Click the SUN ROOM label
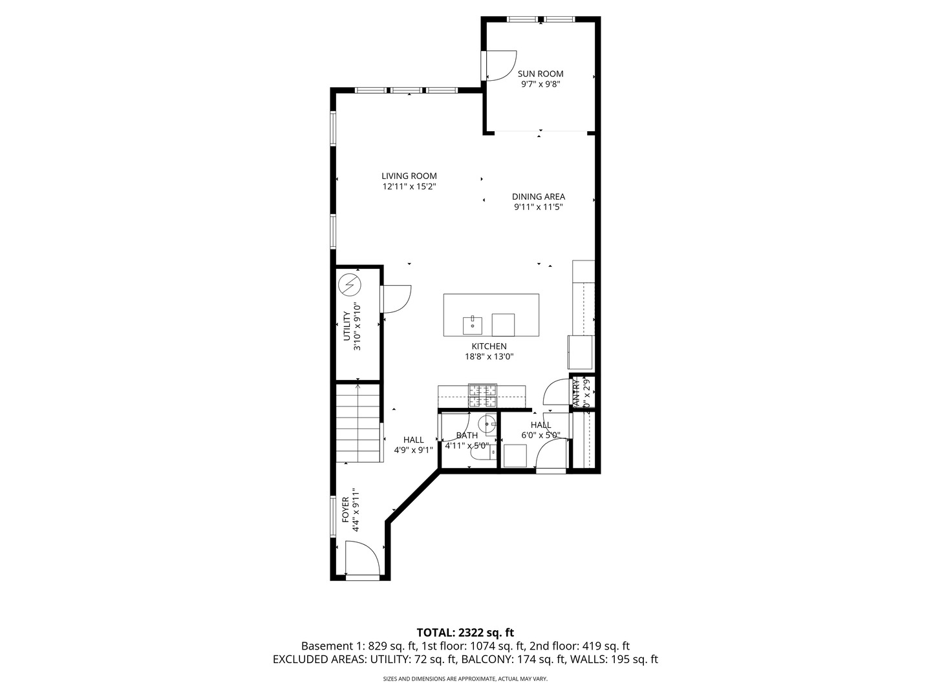540,74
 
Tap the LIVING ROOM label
409,176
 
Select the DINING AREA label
538,196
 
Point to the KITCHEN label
489,346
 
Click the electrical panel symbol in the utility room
350,284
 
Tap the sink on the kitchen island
472,324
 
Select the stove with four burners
482,395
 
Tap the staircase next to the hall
357,423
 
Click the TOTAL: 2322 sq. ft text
465,633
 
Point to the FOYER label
345,510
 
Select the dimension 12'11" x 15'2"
409,187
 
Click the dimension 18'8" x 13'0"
489,357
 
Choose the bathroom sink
490,423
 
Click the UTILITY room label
346,326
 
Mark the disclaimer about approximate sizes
465,679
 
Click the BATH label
466,435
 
